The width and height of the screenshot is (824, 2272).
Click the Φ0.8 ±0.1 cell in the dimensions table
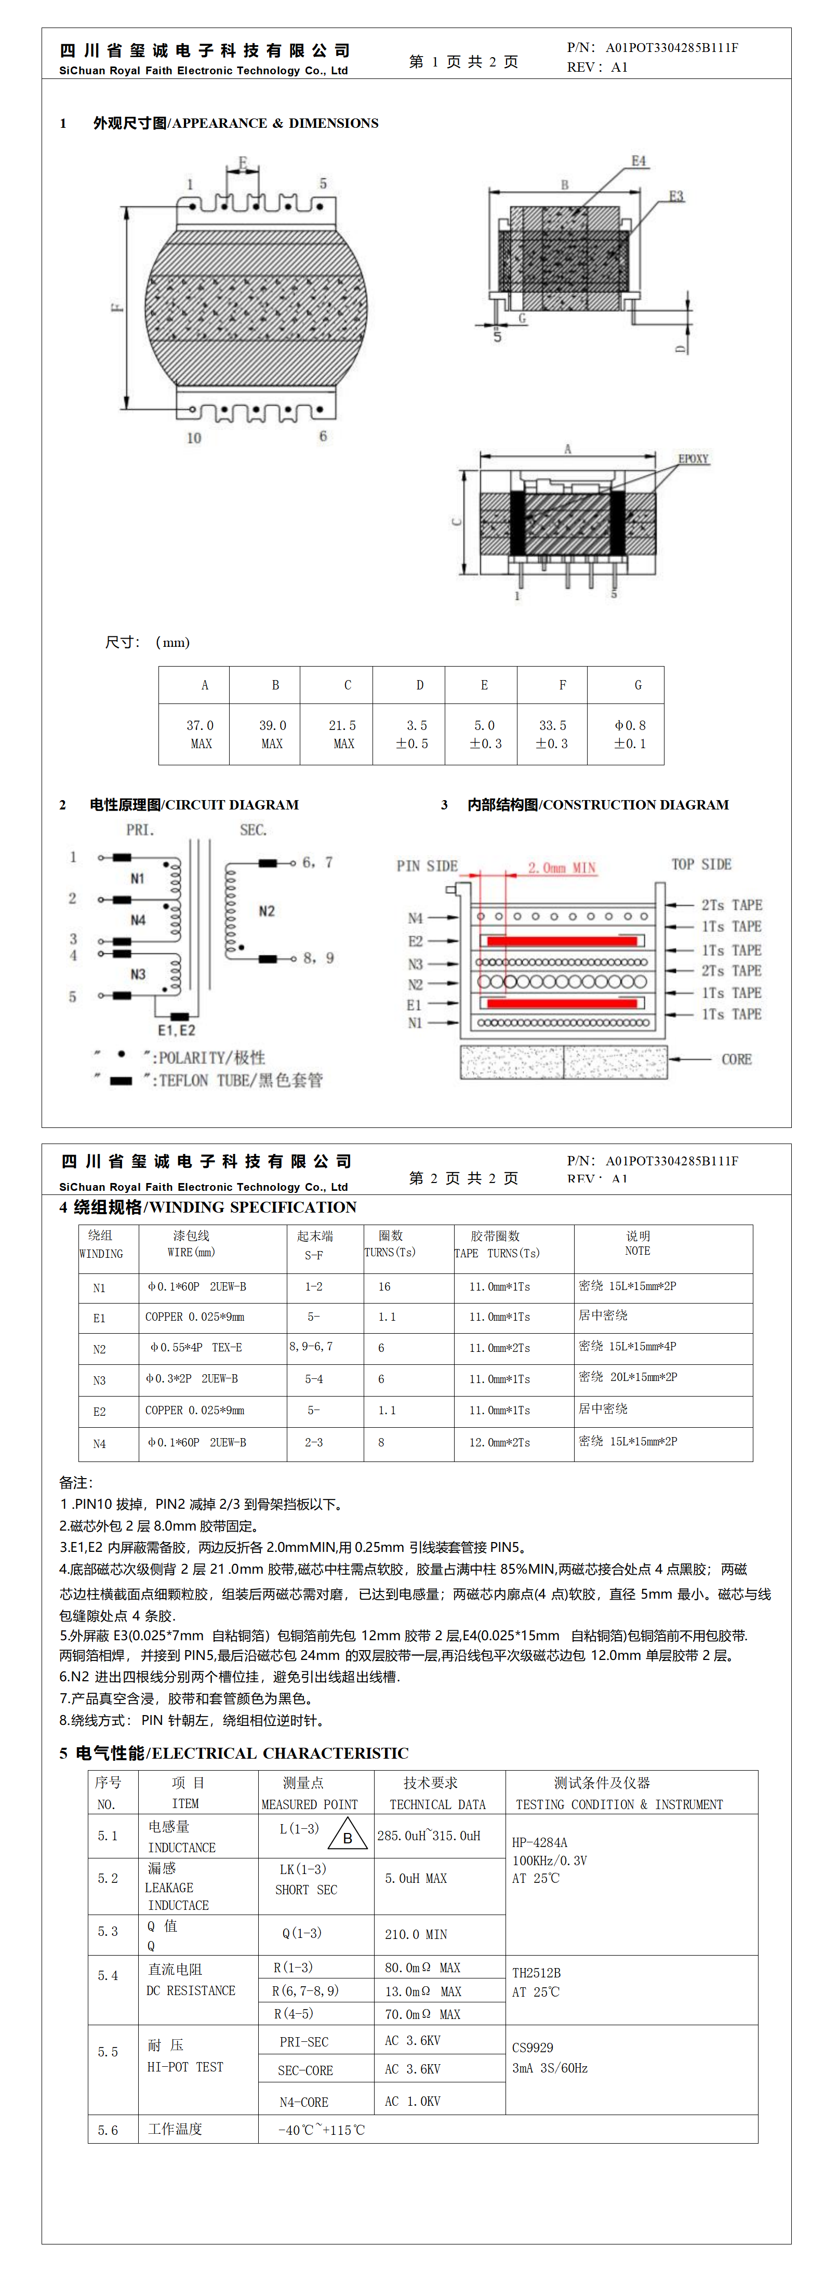pyautogui.click(x=630, y=734)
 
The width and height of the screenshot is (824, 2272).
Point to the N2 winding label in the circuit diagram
pyautogui.click(x=267, y=911)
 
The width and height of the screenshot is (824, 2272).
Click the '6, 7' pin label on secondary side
pyautogui.click(x=317, y=862)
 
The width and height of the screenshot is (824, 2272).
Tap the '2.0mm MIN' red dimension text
pyautogui.click(x=562, y=868)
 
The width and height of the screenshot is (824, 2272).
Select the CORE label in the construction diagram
pyautogui.click(x=736, y=1059)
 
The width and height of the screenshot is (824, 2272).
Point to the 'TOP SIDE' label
pyautogui.click(x=701, y=865)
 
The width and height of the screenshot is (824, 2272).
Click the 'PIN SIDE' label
pyautogui.click(x=427, y=866)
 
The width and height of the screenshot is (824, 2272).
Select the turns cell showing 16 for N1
pyautogui.click(x=384, y=1287)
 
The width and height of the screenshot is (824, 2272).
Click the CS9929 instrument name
pyautogui.click(x=533, y=2047)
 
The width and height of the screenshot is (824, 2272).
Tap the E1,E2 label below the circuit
pyautogui.click(x=177, y=1030)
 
